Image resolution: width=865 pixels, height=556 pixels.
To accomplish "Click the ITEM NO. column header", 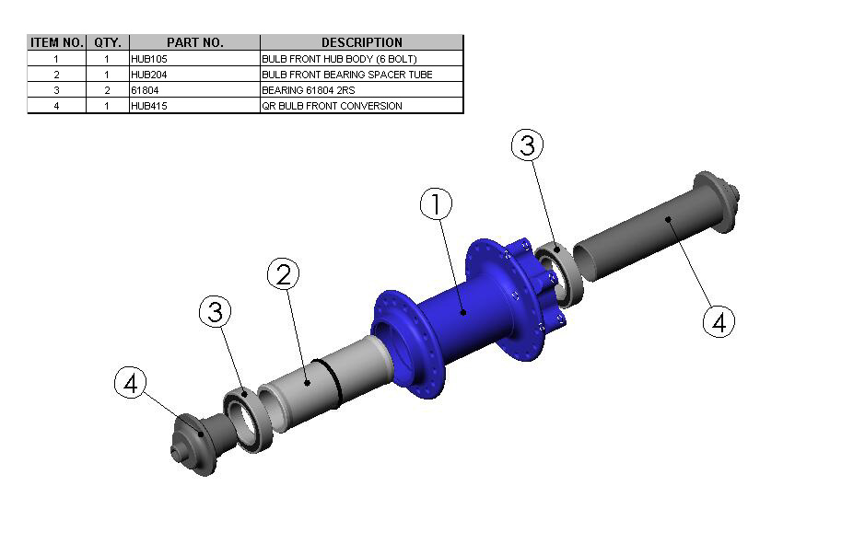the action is point(57,42).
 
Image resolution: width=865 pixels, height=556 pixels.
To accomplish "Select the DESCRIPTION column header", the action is point(362,42).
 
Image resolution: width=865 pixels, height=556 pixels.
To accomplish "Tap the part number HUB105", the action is point(149,59).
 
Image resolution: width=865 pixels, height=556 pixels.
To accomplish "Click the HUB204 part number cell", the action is point(149,75).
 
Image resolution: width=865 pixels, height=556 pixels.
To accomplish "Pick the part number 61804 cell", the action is point(145,90).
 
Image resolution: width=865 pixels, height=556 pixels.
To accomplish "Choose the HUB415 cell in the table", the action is point(149,106).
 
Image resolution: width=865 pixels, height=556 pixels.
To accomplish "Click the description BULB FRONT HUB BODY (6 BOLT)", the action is point(339,59).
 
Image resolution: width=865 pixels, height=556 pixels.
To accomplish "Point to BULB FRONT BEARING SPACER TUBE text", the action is point(347,75).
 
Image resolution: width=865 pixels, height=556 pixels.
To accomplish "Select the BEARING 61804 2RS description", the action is point(309,90).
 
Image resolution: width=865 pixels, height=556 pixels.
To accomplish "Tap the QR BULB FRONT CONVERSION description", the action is point(333,106).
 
